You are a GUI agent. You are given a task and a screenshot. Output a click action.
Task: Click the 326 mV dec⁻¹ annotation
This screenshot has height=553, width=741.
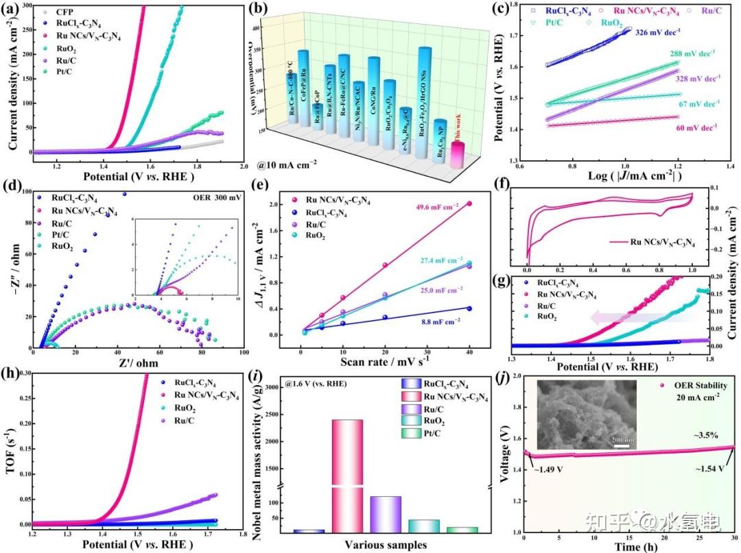pos(659,32)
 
